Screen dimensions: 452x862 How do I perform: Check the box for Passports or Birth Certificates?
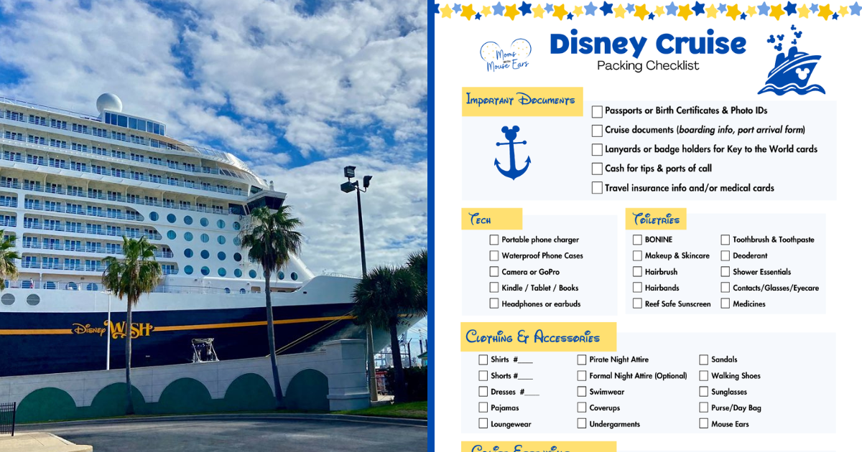(597, 111)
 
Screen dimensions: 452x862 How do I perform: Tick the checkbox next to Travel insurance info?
(597, 188)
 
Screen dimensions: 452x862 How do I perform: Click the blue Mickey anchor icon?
(512, 152)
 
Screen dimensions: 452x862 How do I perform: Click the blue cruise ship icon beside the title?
(791, 65)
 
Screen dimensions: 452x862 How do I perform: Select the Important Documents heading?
(521, 100)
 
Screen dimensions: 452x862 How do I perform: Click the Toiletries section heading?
(656, 220)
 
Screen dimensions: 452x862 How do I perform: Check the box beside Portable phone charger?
(494, 240)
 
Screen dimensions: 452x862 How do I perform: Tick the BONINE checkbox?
(637, 240)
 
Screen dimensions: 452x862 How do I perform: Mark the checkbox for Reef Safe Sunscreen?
(637, 303)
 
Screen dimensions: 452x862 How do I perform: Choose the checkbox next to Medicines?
(726, 303)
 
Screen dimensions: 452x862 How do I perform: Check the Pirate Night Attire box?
(582, 359)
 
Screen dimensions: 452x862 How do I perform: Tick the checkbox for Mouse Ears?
(704, 424)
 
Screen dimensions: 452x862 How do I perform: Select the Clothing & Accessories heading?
(532, 337)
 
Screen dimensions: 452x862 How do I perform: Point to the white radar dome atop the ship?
(109, 103)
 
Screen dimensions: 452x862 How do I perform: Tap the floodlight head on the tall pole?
(351, 172)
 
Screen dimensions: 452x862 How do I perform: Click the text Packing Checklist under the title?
(648, 66)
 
